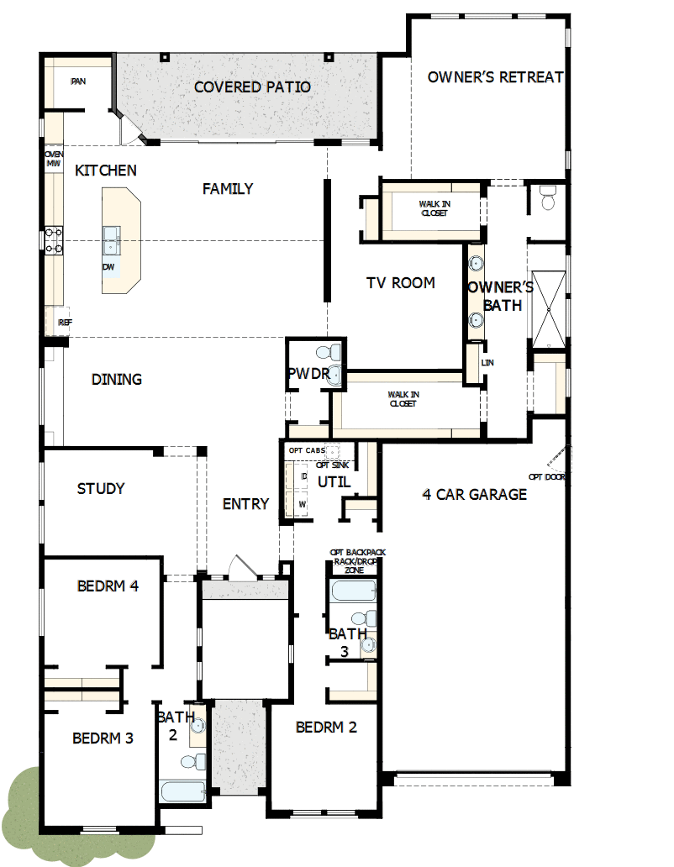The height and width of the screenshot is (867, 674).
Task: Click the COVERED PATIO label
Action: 252,87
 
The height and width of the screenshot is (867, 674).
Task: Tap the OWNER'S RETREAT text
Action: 495,77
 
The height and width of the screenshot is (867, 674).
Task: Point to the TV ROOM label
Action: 400,283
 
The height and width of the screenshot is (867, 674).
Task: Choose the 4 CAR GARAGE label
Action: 474,494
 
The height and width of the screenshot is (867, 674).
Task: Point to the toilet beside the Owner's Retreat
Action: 548,198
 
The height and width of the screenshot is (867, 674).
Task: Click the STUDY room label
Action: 101,488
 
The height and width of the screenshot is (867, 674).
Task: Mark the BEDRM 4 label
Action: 108,586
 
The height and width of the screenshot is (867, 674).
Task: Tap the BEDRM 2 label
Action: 326,727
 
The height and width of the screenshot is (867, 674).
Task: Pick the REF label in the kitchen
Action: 64,323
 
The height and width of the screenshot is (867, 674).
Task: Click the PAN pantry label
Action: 78,81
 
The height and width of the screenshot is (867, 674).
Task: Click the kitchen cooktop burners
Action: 54,241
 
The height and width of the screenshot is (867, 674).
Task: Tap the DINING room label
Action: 116,380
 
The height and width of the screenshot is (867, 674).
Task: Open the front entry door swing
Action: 240,566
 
